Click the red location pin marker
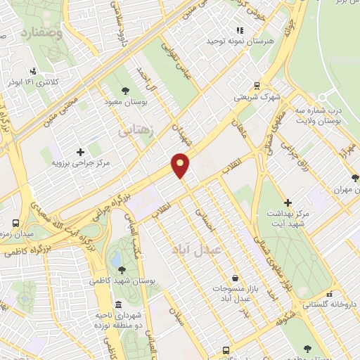click(x=181, y=165)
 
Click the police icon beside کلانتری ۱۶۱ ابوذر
click(x=33, y=71)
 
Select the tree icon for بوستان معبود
click(x=125, y=91)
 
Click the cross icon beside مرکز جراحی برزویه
click(x=80, y=152)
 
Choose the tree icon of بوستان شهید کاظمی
click(x=122, y=269)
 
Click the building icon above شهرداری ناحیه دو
click(x=118, y=304)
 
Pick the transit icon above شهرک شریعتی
click(x=257, y=83)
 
